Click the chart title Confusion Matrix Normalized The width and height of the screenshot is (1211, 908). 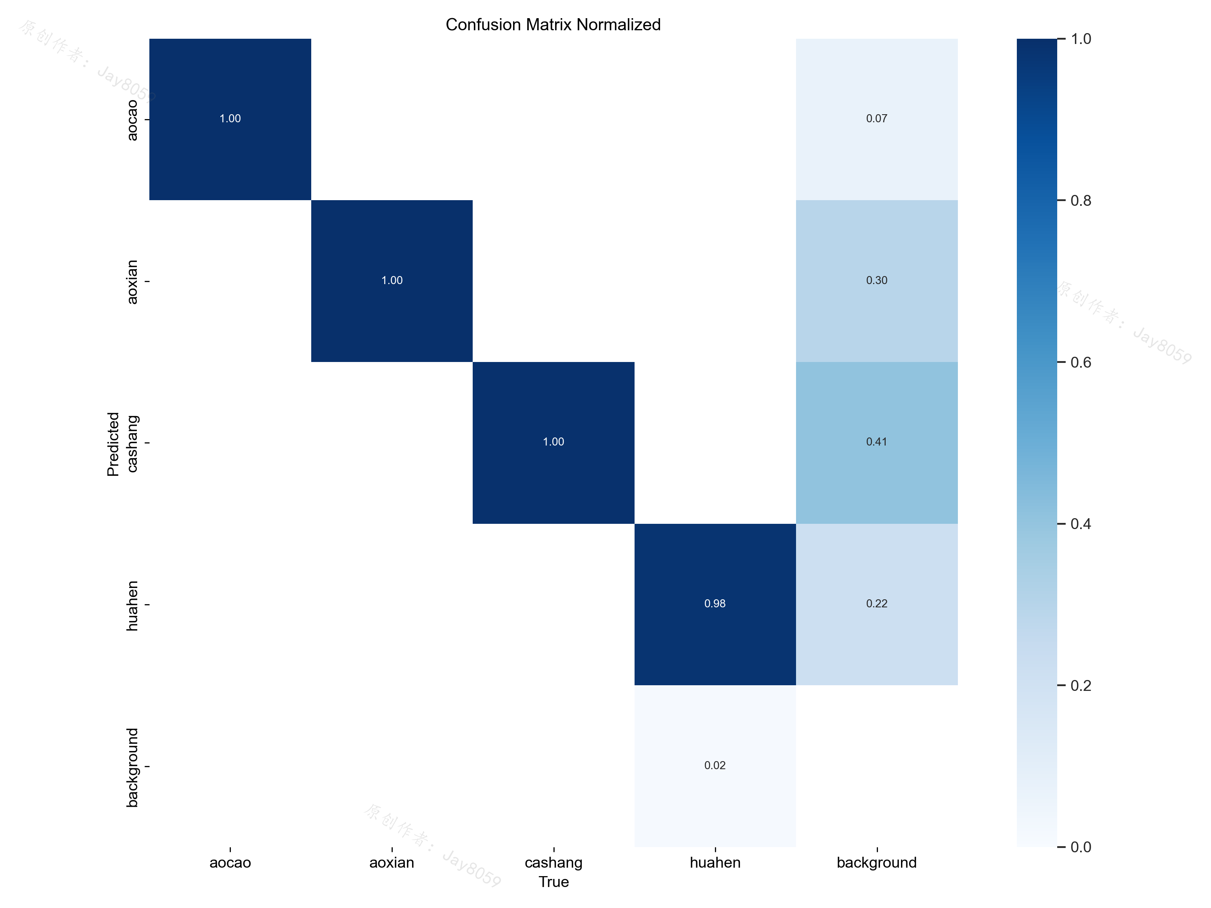pos(553,25)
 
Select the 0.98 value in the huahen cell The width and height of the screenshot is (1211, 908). pos(715,604)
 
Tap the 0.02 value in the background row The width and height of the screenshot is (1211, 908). pos(715,765)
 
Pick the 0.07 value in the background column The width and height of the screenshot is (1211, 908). pos(876,119)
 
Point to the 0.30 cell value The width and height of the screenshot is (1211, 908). pos(876,280)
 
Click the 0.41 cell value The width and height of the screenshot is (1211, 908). pos(876,441)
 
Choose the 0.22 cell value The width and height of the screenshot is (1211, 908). pos(876,604)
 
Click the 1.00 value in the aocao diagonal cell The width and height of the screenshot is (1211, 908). pos(230,119)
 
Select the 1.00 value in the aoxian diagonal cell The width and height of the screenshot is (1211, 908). pos(392,280)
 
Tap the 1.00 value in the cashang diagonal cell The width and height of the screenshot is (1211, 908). pos(553,441)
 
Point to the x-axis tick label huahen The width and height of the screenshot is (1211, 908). pos(715,862)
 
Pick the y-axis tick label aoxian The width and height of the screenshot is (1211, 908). pos(132,282)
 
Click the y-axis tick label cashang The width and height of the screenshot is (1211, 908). pos(132,444)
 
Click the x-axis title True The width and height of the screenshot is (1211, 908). pos(553,882)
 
